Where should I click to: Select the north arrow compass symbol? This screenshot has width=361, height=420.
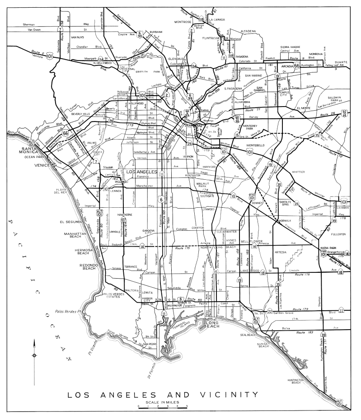click(34, 355)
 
